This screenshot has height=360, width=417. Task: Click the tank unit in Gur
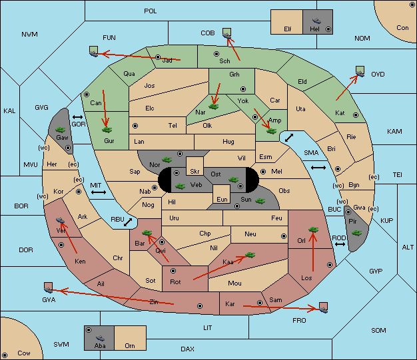click(107, 130)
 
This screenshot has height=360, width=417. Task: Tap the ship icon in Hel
click(316, 21)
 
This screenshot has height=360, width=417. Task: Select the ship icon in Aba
click(100, 338)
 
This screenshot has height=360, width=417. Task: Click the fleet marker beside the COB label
click(227, 33)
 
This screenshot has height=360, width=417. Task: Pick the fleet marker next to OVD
click(360, 71)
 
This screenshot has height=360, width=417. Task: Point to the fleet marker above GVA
click(49, 287)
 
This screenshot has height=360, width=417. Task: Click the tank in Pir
click(356, 233)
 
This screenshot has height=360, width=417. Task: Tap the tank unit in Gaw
click(61, 130)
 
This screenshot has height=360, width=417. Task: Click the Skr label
click(195, 172)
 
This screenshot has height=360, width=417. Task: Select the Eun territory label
click(222, 199)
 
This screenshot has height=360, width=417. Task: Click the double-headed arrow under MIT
click(99, 192)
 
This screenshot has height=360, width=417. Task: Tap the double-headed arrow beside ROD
click(340, 244)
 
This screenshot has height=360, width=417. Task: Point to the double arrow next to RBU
click(128, 222)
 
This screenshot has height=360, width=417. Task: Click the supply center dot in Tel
click(135, 126)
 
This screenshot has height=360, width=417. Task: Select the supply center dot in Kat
click(356, 115)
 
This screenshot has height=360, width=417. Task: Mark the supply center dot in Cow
click(5, 355)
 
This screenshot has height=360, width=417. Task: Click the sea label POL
click(151, 11)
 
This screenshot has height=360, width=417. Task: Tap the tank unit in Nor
click(167, 160)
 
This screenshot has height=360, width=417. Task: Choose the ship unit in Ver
click(61, 220)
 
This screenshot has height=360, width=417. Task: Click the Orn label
click(130, 345)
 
